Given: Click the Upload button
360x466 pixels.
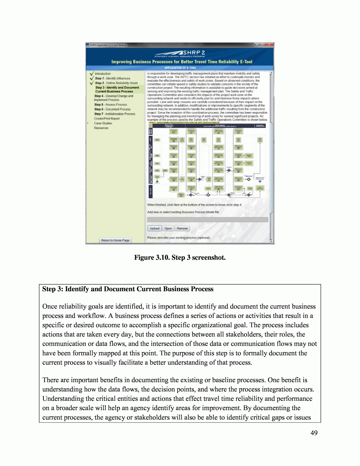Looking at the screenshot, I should pos(154,228).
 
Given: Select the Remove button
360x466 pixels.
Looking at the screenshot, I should pos(182,228).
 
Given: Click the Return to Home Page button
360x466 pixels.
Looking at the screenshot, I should pos(115,240).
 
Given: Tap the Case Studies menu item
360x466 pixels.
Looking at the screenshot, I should pos(103,123).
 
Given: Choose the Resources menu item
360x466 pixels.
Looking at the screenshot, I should pos(101,128).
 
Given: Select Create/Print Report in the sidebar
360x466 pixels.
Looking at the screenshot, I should pos(106,119).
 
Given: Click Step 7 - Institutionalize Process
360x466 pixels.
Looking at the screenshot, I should pos(115,114).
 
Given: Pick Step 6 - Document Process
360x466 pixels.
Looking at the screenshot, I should pos(112,109).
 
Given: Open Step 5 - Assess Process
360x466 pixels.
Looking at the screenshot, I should pos(110,104).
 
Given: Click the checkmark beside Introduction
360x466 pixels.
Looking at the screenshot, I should pos(91,74).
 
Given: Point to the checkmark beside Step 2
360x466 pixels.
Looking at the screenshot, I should pos(91,83).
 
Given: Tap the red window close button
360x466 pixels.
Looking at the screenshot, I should pos(270,45).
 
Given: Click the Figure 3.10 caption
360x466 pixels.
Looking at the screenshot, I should pos(180,258).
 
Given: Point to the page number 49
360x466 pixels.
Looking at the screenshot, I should pos(314,433).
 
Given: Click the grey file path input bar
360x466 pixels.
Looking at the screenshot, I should pos(208,220).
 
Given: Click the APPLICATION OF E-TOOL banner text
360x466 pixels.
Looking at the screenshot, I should pos(180,68).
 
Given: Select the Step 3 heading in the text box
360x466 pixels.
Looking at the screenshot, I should pos(128,289).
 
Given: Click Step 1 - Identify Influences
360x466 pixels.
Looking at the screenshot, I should pos(112,78).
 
